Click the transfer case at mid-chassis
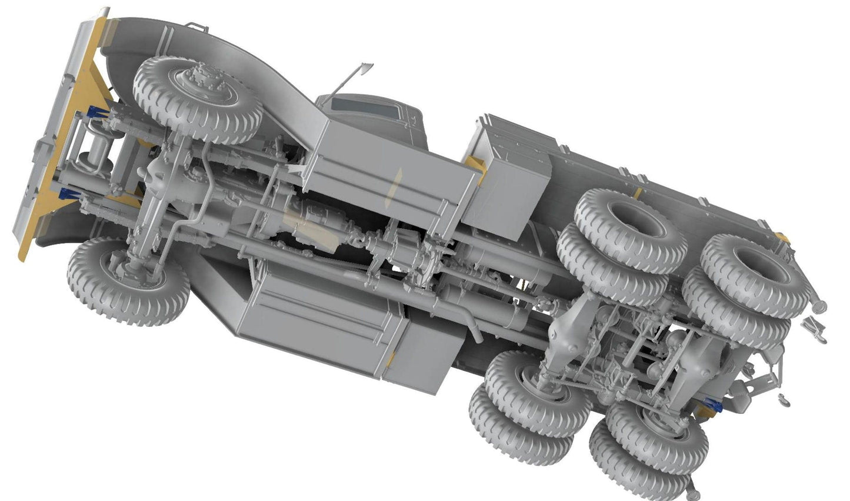(412, 247)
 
